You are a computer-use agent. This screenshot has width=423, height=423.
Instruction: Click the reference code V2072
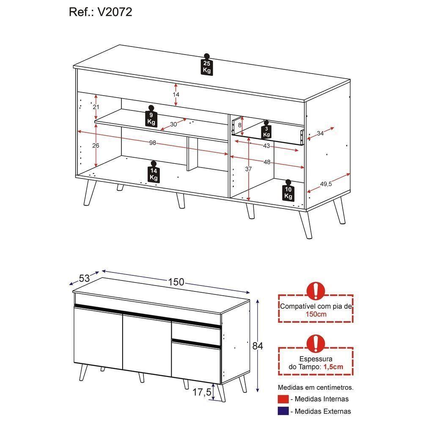[115, 12]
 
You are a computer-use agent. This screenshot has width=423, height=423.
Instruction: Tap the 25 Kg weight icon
[207, 65]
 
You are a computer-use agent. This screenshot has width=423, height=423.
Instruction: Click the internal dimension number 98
[153, 143]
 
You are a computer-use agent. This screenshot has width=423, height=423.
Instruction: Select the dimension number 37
[248, 169]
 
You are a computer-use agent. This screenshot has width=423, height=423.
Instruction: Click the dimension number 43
[266, 146]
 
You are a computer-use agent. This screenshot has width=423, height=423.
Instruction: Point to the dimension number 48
[267, 162]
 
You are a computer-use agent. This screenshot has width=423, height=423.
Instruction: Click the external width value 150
[176, 282]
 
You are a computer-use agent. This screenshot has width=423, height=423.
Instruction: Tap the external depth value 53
[85, 278]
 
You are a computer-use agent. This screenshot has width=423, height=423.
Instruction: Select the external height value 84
[258, 346]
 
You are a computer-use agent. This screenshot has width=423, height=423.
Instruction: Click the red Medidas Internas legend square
[283, 399]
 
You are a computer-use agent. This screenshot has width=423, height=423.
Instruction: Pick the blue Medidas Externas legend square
[283, 411]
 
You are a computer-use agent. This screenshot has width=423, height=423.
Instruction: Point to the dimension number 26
[96, 146]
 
